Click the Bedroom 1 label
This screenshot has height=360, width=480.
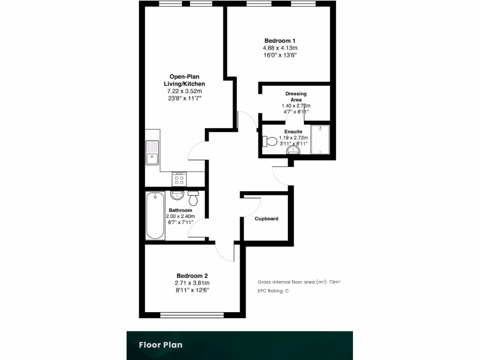(x=280, y=41)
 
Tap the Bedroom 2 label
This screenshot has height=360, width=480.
(x=192, y=276)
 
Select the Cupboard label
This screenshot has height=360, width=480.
(x=267, y=219)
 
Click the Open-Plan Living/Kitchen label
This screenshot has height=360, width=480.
(x=187, y=80)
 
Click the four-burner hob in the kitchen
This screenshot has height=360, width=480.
(x=179, y=179)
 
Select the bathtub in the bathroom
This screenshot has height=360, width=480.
(x=155, y=215)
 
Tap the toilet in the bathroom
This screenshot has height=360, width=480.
(x=193, y=198)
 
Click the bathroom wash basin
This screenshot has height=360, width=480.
(x=177, y=195)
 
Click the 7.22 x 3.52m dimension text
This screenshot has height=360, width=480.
(x=187, y=91)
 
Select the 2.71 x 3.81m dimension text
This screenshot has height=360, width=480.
(x=192, y=283)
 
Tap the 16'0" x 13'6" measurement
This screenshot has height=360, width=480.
(x=280, y=55)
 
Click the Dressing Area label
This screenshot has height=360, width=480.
(x=296, y=97)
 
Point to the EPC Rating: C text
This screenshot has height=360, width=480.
(x=273, y=291)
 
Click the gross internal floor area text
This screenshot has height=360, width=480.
(x=299, y=282)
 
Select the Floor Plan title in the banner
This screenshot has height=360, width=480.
(x=160, y=345)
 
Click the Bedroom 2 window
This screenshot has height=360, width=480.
(x=193, y=315)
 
